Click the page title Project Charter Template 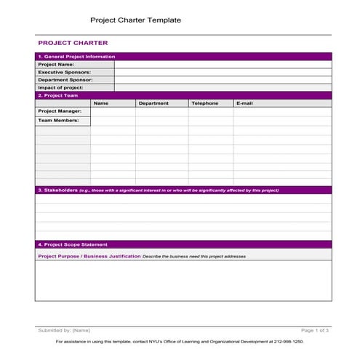click(135, 20)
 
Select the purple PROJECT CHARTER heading click(73, 43)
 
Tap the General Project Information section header click(76, 56)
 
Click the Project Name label click(56, 64)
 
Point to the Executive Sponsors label click(65, 72)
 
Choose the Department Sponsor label click(65, 80)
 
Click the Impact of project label click(60, 87)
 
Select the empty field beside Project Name click(222, 64)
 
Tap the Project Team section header click(57, 95)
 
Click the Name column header click(101, 103)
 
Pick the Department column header click(153, 103)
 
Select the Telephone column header click(204, 103)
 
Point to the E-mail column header click(244, 103)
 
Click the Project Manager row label click(60, 111)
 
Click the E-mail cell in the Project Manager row click(281, 111)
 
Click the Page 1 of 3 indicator click(315, 330)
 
